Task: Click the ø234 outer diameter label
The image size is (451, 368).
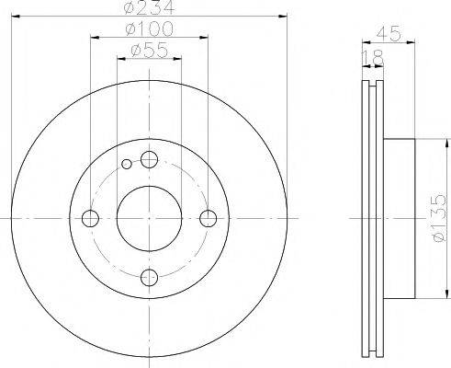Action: (x=151, y=11)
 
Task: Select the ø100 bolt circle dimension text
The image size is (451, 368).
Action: (x=151, y=31)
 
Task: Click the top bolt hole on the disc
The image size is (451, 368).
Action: (x=150, y=158)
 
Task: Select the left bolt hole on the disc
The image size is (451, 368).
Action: (x=90, y=218)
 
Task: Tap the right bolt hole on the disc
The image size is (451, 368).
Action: (x=209, y=218)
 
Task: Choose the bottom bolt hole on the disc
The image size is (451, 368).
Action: (x=150, y=278)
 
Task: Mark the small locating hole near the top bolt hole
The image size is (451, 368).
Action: (x=127, y=166)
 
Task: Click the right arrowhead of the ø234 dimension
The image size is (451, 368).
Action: (x=285, y=18)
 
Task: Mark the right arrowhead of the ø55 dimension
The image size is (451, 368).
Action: (x=178, y=61)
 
